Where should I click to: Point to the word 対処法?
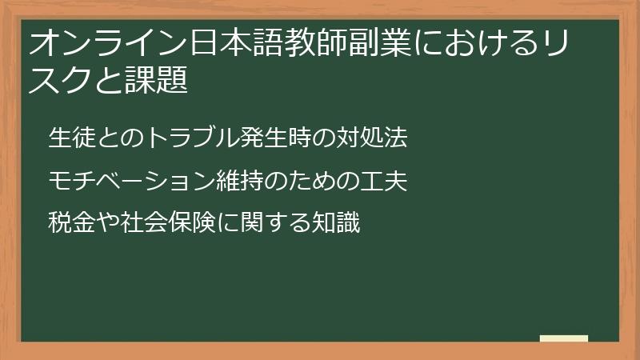click(375, 138)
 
